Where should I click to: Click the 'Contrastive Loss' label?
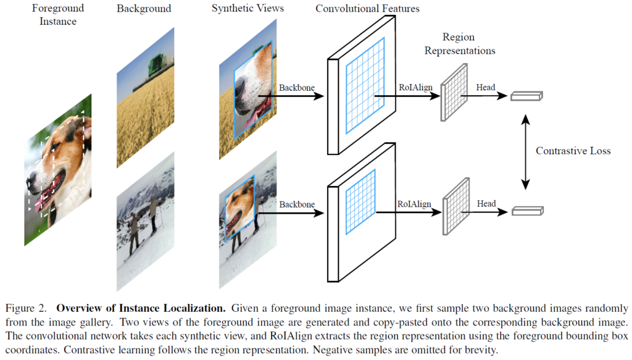573,151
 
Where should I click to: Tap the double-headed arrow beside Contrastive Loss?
526,151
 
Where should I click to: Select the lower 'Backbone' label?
297,204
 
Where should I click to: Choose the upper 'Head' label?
485,88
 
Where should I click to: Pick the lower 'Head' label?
486,204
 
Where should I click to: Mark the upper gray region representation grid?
454,96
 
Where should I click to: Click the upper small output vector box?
526,96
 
